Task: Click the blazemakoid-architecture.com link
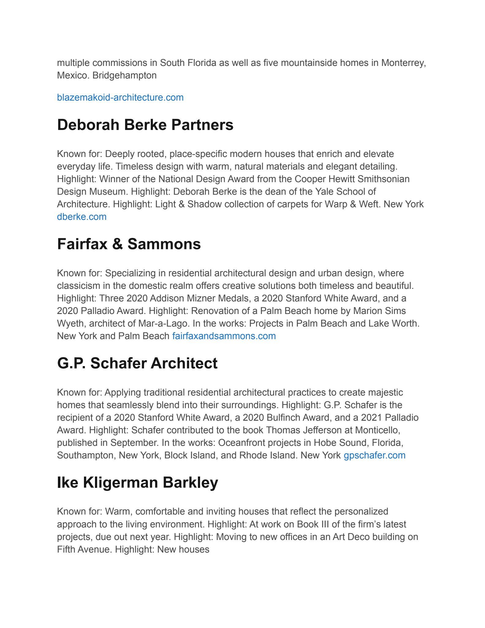120,98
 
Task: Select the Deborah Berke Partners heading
145,125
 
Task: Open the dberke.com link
82,217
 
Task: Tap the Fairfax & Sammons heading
129,244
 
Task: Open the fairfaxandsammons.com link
224,336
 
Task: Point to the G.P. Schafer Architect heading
137,363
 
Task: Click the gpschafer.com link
374,455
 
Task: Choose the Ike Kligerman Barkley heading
138,482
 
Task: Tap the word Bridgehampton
124,75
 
